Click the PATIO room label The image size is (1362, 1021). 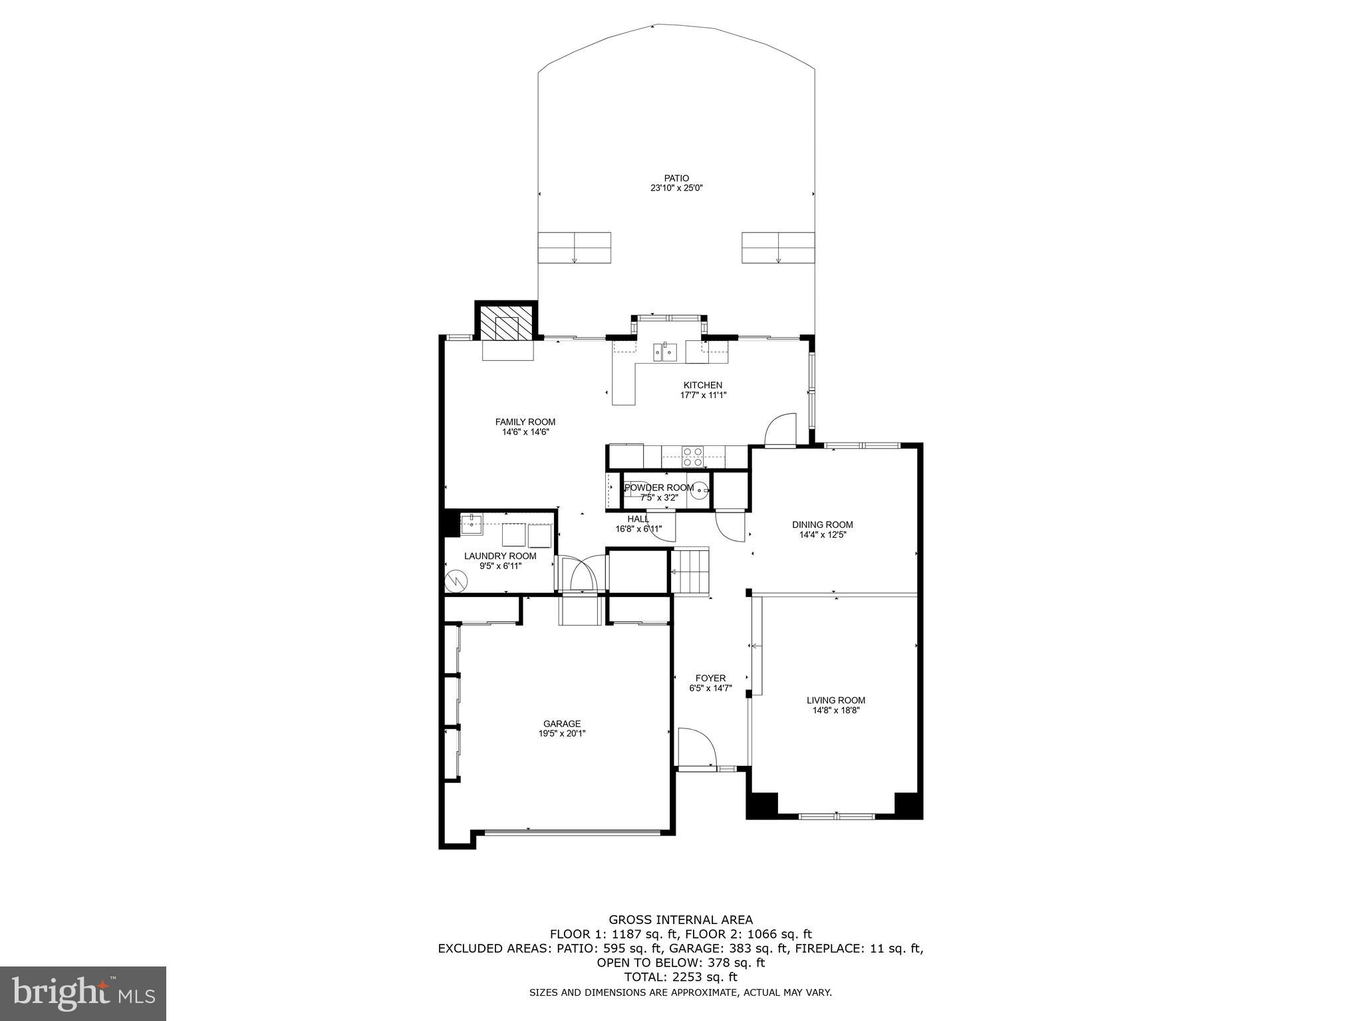coord(676,178)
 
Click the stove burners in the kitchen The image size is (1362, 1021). coord(692,456)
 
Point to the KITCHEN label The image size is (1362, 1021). coord(702,385)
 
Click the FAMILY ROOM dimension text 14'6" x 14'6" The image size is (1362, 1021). coord(525,432)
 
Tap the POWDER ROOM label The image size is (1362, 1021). coord(658,487)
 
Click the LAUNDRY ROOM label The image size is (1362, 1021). coord(500,556)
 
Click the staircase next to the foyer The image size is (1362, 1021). coord(692,571)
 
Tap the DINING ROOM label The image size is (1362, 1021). coord(823,524)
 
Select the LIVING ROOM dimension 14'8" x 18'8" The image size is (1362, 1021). coord(836,710)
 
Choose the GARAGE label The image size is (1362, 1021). coord(562,724)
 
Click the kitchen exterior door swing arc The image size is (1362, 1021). coord(780,428)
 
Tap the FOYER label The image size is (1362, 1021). coord(710,678)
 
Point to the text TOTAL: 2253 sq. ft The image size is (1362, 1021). coord(680,977)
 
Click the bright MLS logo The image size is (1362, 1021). coord(83,994)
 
